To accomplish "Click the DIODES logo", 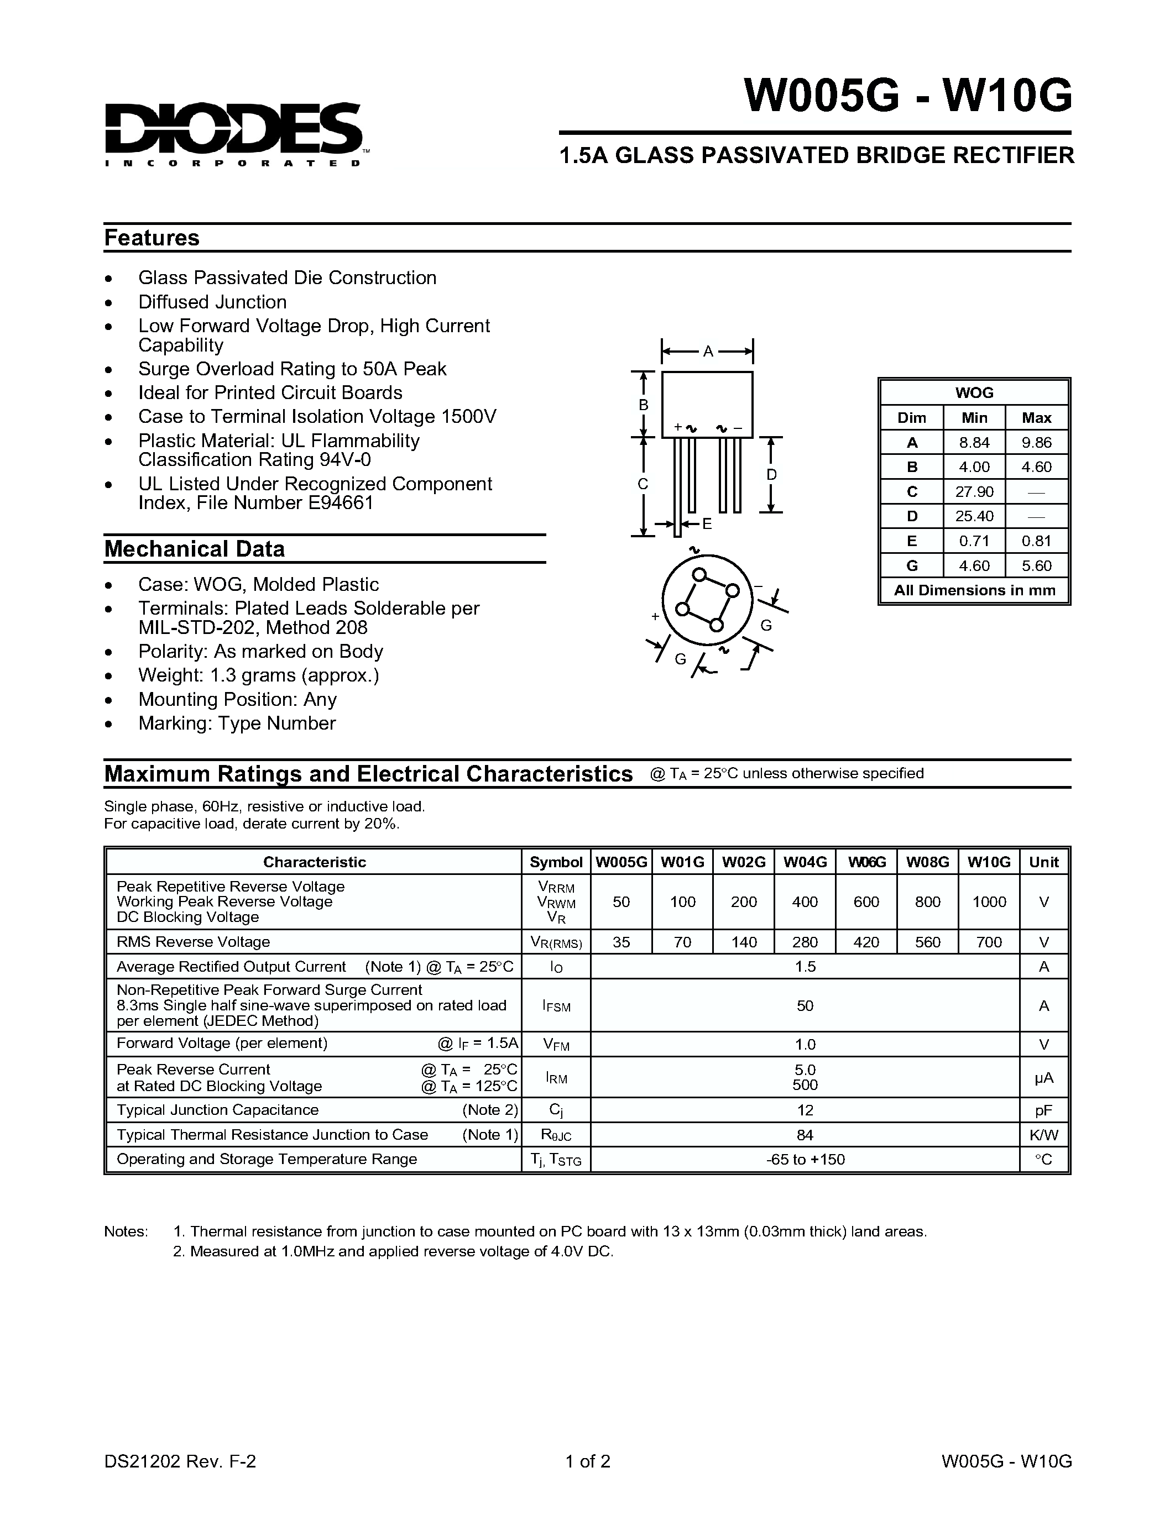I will (x=233, y=132).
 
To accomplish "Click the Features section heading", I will (x=152, y=238).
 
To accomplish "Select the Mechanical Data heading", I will (x=194, y=549).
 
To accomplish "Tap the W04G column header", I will (x=805, y=862).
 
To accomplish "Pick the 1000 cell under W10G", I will (x=989, y=902).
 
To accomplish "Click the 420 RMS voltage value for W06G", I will (x=866, y=942).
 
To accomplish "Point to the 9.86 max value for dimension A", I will (x=1036, y=443).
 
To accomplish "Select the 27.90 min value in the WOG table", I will (x=974, y=492).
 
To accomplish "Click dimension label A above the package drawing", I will (x=708, y=352).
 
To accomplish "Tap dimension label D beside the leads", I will (x=771, y=475).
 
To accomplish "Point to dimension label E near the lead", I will (x=707, y=524).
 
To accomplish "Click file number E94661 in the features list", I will (x=341, y=502).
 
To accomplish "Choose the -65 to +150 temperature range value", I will (x=805, y=1160).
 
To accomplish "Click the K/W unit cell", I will (x=1043, y=1135).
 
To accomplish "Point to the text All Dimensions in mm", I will (x=974, y=590).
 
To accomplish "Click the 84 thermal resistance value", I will (x=805, y=1135).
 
